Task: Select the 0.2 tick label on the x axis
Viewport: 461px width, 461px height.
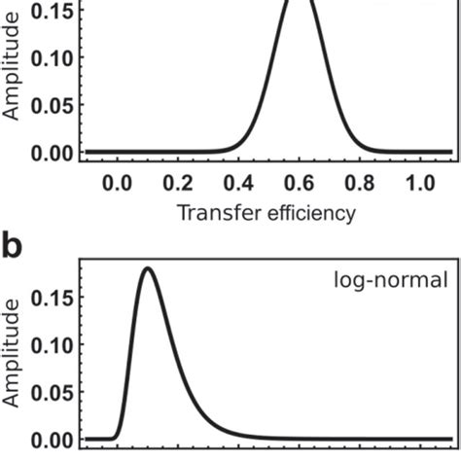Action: (179, 183)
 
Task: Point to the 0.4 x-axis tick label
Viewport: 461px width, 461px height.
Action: (240, 183)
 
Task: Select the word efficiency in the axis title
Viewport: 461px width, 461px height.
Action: (309, 214)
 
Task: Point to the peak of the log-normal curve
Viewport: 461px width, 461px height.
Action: (147, 268)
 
